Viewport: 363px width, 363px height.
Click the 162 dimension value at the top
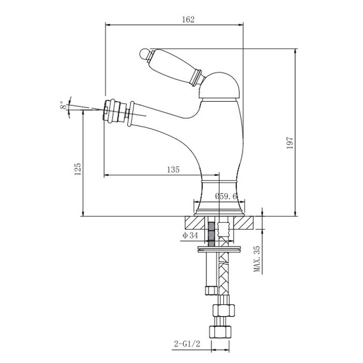coord(188,19)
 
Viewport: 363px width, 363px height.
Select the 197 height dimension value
coord(290,142)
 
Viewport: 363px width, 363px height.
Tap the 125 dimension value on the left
coord(78,169)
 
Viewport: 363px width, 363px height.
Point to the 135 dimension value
coord(173,170)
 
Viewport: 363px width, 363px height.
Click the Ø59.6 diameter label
coord(226,196)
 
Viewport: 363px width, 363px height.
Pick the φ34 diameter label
coord(191,235)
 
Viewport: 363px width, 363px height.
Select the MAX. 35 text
coord(257,259)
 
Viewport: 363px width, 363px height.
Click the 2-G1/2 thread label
coord(187,344)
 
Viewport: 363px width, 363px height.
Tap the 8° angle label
coord(63,105)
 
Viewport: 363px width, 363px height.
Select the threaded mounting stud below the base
coord(211,234)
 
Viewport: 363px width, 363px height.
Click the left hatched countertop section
coord(195,222)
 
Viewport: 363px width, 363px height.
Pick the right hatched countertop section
coord(244,222)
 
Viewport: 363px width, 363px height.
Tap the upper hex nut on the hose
coord(224,310)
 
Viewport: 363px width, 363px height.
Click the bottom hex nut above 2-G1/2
coord(220,332)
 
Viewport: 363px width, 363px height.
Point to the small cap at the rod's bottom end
coord(211,291)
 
